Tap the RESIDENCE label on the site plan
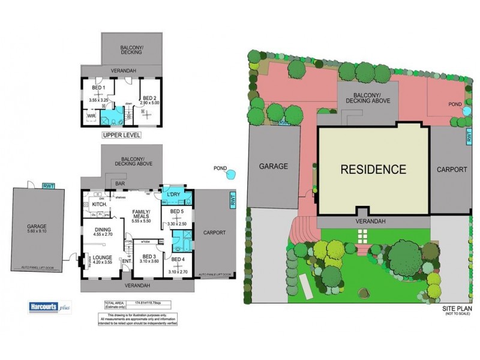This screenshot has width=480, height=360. coord(373,169)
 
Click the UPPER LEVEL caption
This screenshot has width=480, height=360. coord(121,136)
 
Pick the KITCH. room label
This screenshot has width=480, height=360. coord(99,205)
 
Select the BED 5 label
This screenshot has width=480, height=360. coord(176,212)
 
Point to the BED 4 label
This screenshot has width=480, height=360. coord(178,259)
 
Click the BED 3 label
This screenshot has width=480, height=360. coord(144,254)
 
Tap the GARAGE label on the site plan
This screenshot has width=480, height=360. coord(274,167)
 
